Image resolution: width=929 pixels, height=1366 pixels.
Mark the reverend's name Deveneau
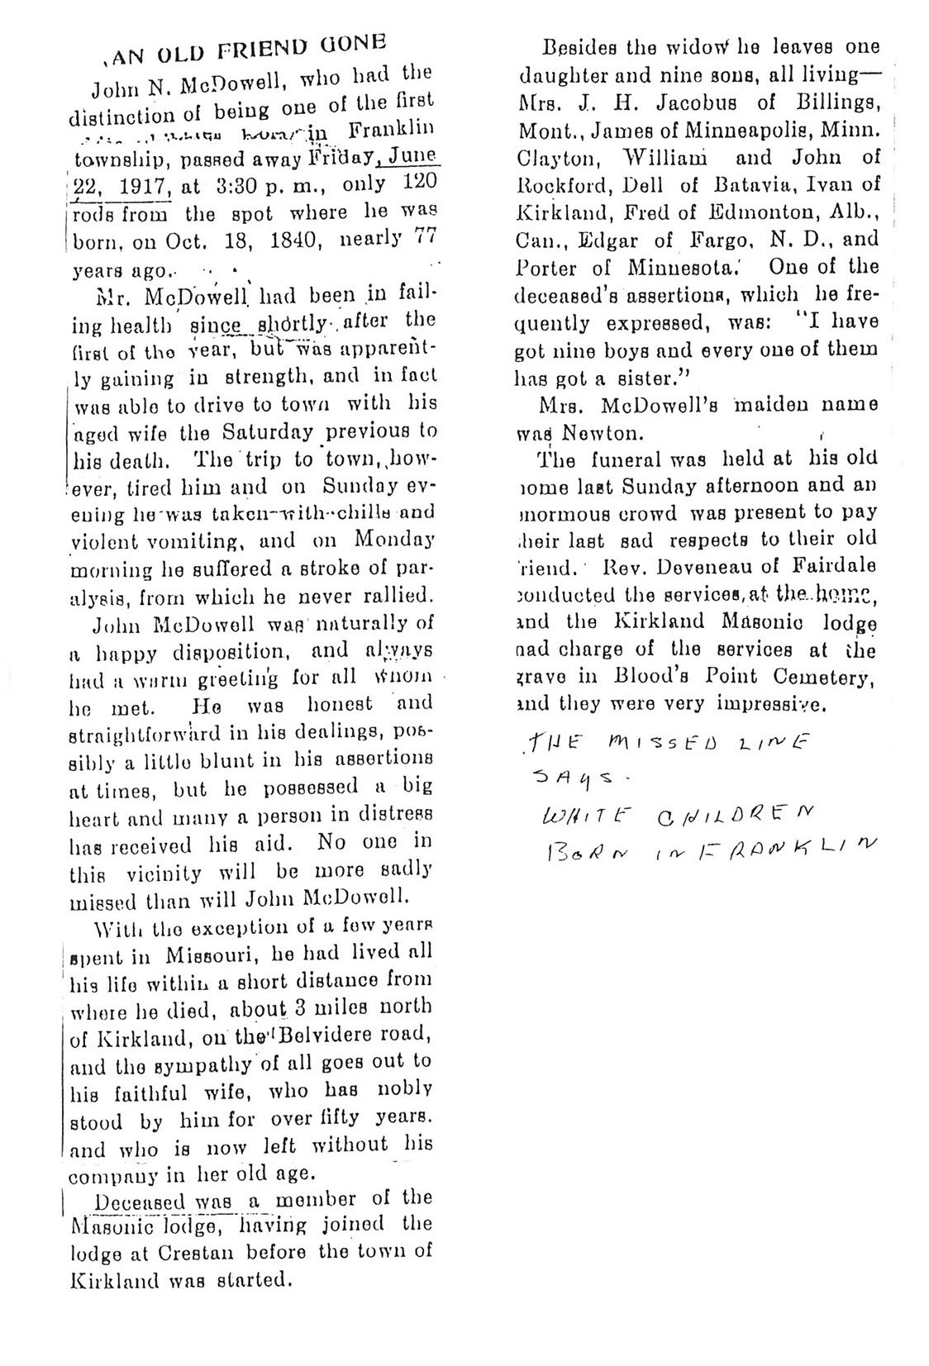699,567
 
